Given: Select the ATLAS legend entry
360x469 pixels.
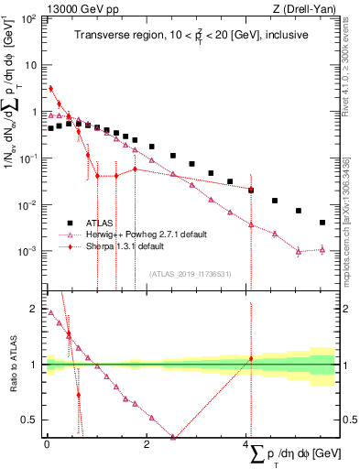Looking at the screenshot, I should (100, 222).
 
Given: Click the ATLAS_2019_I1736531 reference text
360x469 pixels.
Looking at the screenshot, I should (192, 273).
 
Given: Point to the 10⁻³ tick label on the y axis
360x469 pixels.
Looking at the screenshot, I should (27, 250).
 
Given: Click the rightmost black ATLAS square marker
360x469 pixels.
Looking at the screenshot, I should (322, 223).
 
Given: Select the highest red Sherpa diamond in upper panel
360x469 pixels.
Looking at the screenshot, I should (50, 89).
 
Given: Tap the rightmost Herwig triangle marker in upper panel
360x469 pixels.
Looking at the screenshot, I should (322, 249).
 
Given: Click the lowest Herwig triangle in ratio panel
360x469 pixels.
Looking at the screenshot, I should (173, 437).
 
